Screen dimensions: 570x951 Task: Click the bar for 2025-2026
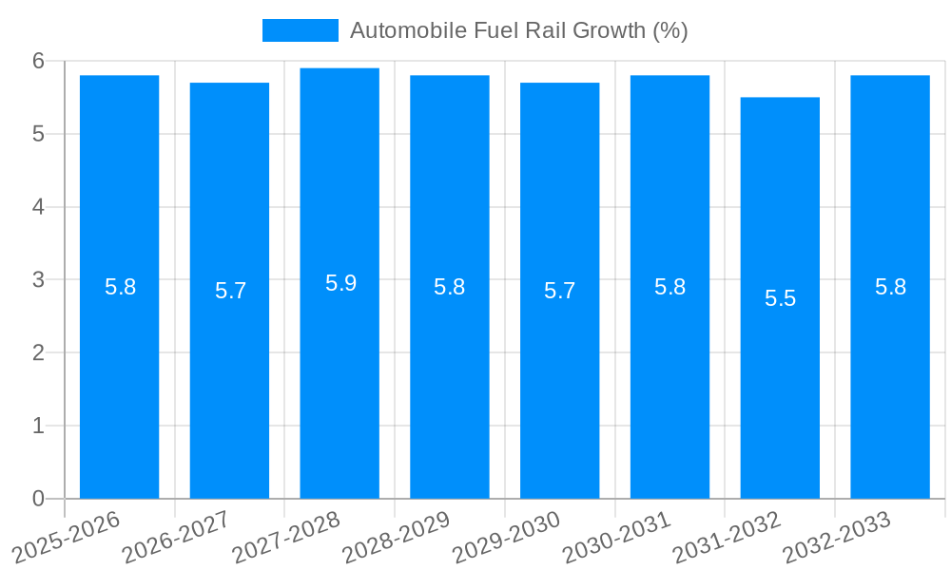[119, 380]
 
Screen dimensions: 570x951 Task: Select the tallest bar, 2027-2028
[340, 380]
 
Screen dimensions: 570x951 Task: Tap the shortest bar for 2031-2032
[780, 399]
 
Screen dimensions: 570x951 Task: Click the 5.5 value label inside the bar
[780, 298]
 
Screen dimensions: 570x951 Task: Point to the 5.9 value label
[340, 283]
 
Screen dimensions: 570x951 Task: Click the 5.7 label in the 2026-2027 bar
[230, 291]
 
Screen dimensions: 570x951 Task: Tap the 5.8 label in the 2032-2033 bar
[890, 287]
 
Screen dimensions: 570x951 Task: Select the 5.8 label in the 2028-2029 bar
[449, 287]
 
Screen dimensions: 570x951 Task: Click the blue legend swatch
[300, 30]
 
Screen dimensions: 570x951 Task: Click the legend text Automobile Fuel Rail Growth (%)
[518, 30]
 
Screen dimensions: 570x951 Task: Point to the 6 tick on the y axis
[38, 61]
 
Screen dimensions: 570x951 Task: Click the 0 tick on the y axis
[38, 499]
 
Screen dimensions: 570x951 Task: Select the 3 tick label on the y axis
[38, 280]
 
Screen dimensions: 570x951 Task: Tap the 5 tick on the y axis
[38, 134]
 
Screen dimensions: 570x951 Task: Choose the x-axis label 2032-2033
[838, 538]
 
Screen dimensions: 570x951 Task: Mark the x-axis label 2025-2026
[68, 538]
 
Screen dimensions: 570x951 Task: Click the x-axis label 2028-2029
[398, 538]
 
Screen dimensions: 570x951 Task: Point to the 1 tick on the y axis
[38, 426]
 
